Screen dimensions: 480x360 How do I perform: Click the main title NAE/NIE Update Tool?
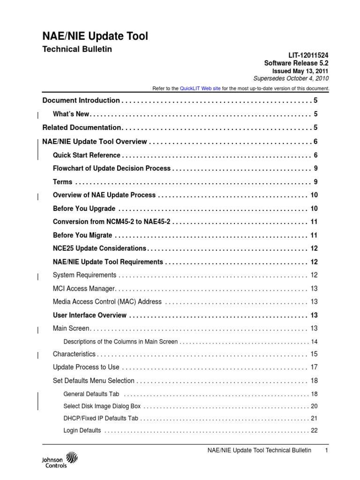[95, 36]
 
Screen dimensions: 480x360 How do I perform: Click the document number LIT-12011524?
[307, 55]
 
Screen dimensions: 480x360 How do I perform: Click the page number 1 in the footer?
[325, 450]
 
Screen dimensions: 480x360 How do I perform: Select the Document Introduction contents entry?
[81, 100]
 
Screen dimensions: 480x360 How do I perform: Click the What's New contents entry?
[71, 114]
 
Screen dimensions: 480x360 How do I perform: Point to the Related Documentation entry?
[82, 127]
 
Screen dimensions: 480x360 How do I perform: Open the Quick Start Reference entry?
[87, 155]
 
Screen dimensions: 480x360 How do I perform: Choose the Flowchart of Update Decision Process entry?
[112, 168]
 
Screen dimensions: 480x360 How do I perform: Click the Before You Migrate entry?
[82, 235]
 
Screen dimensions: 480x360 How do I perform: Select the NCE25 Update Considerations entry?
[100, 248]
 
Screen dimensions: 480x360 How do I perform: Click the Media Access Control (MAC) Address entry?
[107, 302]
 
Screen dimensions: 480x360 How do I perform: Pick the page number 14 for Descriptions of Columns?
[314, 342]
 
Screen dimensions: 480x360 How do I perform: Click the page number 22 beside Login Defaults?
[314, 430]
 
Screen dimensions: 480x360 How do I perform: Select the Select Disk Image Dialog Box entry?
[102, 406]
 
